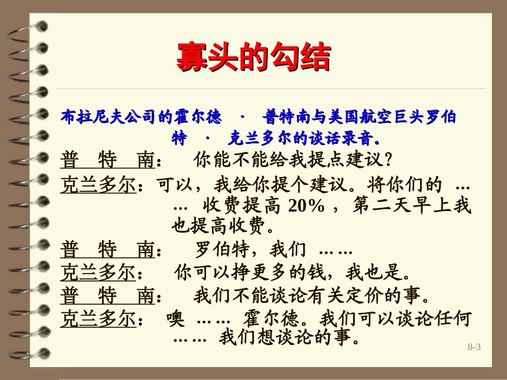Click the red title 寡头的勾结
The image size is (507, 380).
click(x=253, y=57)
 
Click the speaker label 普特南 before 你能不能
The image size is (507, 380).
click(x=108, y=160)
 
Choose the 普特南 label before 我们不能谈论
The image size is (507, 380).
click(x=108, y=295)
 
